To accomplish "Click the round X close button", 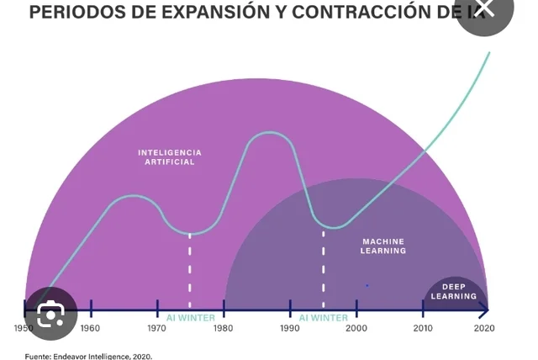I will pos(485,10).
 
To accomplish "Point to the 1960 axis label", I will pos(90,328).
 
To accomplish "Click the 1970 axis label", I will pos(157,328).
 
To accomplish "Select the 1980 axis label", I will pos(224,328).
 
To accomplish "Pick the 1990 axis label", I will pos(290,328).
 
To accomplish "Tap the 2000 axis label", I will pos(356,328).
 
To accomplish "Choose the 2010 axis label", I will pos(423,328).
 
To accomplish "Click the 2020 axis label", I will pos(484,328).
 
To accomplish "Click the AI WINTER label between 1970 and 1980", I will pos(190,318).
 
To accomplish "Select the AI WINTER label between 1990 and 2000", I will pos(324,318).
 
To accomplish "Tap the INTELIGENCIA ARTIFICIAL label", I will pos(170,157).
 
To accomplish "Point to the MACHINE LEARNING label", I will pos(383,246).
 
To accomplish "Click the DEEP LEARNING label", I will pos(454,292).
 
